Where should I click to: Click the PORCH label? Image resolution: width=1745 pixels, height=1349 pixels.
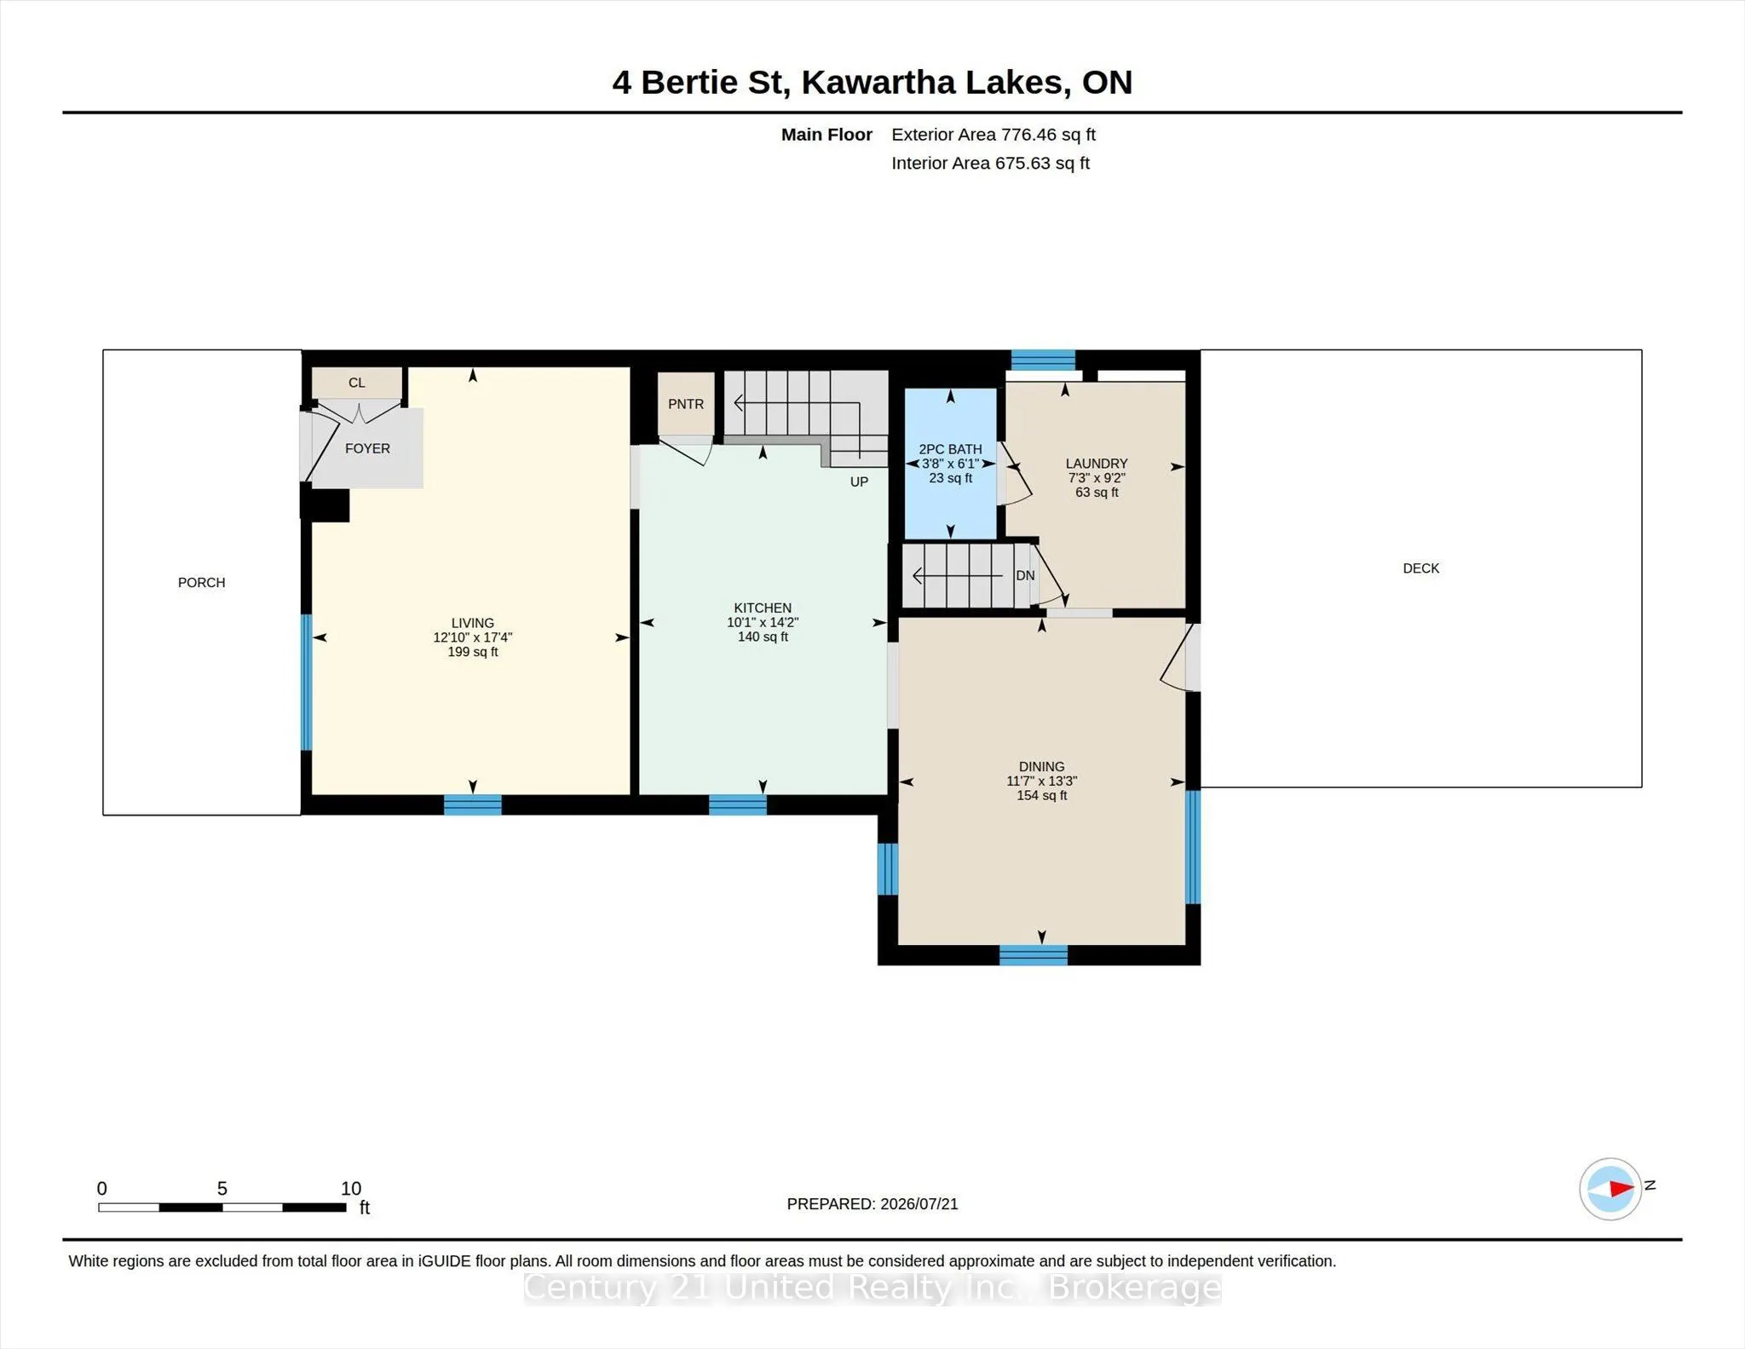coord(201,583)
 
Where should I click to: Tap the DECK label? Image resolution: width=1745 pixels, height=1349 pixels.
coord(1420,568)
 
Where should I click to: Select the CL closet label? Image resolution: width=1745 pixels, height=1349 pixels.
coord(357,383)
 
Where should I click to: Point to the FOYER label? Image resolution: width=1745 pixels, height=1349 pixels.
coord(367,448)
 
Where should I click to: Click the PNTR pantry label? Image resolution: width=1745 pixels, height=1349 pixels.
coord(686,404)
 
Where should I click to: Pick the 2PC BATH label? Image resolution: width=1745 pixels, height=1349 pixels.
coord(950,449)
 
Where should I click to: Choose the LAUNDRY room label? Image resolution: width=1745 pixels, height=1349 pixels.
coord(1097,464)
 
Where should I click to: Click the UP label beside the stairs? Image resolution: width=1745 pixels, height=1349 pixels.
coord(859,482)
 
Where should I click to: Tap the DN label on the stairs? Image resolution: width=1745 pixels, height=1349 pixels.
coord(1025,576)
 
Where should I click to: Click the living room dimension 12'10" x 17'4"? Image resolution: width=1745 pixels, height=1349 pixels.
coord(473,637)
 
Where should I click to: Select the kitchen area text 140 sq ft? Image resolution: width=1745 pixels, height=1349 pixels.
coord(763,637)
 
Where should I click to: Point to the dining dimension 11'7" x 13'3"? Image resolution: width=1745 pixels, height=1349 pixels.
coord(1041,781)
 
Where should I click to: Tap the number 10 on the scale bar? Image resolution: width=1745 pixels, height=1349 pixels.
coord(351,1189)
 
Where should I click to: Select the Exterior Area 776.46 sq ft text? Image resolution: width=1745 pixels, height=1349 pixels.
coord(993,135)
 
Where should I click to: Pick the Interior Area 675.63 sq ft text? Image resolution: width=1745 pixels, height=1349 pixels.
coord(990,163)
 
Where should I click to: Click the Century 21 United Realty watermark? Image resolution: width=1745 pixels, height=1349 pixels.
coord(872,1288)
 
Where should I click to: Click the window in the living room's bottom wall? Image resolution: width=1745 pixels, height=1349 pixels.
coord(473,804)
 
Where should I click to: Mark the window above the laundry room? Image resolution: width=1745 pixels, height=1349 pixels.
coord(1043,360)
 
